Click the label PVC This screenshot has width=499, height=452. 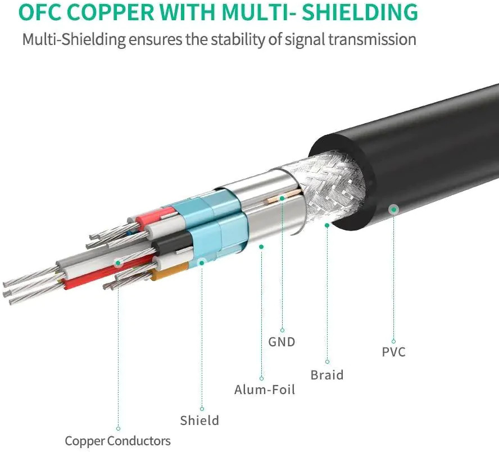click(x=394, y=352)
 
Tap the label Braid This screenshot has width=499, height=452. click(x=327, y=375)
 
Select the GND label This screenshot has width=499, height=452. click(x=282, y=342)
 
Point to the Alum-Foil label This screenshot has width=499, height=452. click(x=265, y=390)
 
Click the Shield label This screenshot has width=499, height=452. click(x=199, y=421)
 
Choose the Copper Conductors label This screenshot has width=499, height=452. click(x=117, y=441)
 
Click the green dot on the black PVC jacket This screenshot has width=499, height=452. click(x=394, y=209)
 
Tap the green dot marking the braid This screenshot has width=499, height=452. click(x=327, y=225)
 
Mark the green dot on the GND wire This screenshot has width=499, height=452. click(x=282, y=198)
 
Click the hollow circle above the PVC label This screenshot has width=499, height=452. click(x=394, y=342)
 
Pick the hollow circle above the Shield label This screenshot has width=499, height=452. click(x=202, y=409)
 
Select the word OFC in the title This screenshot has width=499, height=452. click(x=39, y=12)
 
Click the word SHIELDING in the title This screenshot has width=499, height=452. click(x=360, y=12)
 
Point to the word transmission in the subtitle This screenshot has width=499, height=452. click(x=372, y=39)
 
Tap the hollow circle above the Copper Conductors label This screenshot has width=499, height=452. click(x=118, y=429)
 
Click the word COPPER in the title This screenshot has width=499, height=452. click(x=111, y=12)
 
